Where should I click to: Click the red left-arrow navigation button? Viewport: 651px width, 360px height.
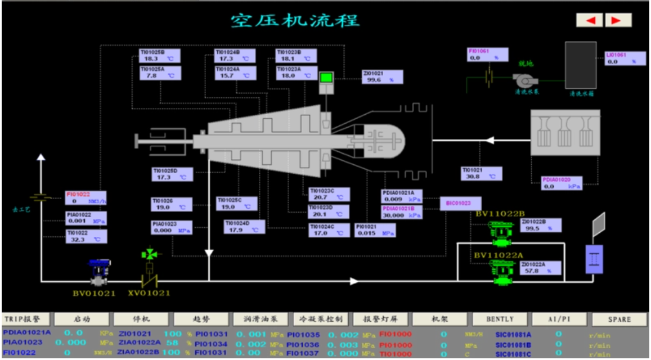point(590,20)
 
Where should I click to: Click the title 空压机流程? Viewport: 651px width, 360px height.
point(294,21)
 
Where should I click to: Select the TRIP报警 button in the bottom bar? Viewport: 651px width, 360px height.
point(26,319)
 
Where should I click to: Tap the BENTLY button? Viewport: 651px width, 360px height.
point(500,319)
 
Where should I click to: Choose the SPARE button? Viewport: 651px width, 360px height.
point(619,319)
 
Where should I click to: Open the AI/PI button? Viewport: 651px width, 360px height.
point(559,319)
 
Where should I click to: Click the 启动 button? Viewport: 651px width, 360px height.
point(82,319)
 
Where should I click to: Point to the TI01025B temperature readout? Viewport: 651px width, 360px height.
point(160,56)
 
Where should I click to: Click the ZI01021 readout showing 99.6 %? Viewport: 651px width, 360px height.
point(383,77)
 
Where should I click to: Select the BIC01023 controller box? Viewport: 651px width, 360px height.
point(460,203)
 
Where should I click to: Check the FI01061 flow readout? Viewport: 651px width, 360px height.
point(488,55)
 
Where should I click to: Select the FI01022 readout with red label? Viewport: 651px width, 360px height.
point(85,197)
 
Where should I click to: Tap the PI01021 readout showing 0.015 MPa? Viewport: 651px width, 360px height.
point(375,230)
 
